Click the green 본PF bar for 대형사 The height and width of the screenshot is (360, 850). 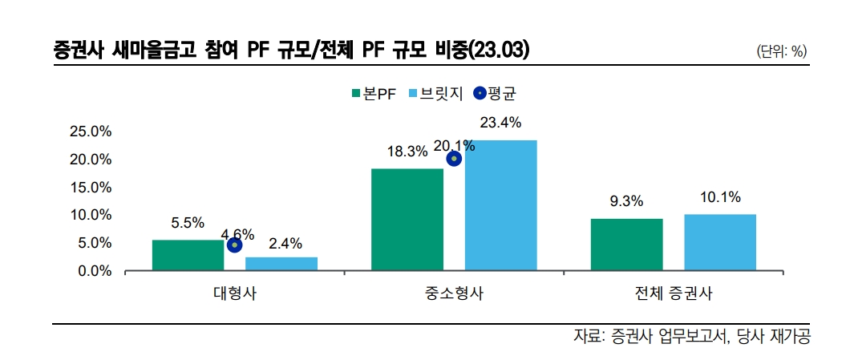pos(188,256)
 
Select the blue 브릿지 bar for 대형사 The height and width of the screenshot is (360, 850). pos(281,265)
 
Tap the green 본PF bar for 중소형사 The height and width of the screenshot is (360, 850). pos(407,220)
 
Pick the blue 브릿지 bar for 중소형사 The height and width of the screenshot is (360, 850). pos(500,206)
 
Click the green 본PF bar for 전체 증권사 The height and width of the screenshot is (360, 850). pos(626,245)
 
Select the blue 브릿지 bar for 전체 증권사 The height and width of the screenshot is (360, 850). pos(719,243)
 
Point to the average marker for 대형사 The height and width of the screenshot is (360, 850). pos(234,245)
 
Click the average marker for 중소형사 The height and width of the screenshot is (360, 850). pos(454,159)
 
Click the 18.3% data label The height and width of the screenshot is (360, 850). pos(407,152)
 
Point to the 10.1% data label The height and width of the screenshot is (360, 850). pos(719,197)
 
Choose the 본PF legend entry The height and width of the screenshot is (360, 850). pos(374,93)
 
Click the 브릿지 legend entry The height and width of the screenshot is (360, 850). pos(437,93)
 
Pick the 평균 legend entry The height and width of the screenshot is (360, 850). pos(495,93)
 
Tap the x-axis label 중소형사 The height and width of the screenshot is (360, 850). pos(454,293)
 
